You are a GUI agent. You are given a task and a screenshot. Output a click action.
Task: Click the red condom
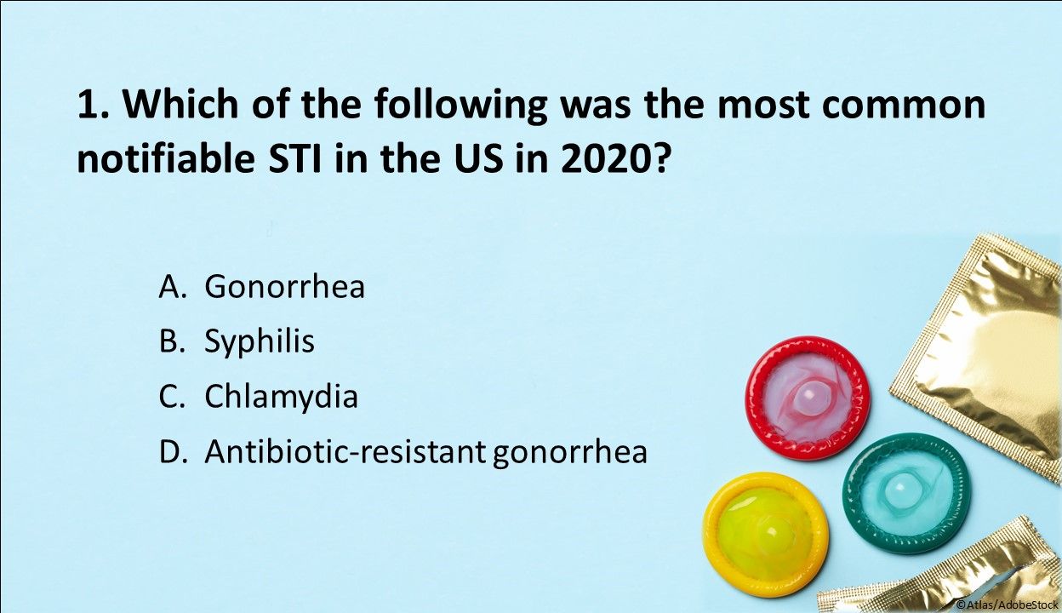pyautogui.click(x=807, y=398)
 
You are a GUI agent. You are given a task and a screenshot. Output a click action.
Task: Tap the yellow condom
pyautogui.click(x=765, y=534)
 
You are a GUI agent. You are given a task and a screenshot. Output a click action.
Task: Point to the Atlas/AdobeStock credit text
pyautogui.click(x=1008, y=604)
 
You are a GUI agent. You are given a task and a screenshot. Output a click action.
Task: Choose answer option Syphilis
pyautogui.click(x=260, y=341)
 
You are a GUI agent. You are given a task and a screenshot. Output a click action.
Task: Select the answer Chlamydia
pyautogui.click(x=281, y=397)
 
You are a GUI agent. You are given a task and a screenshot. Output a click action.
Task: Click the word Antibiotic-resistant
pyautogui.click(x=344, y=452)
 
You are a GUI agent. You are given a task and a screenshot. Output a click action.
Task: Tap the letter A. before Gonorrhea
pyautogui.click(x=172, y=287)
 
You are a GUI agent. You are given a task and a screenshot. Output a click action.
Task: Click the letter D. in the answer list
pyautogui.click(x=173, y=452)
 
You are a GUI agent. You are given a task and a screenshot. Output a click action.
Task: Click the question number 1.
pyautogui.click(x=90, y=106)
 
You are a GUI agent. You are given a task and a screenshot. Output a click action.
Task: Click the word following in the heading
pyautogui.click(x=451, y=106)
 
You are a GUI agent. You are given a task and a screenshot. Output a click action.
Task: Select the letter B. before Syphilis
pyautogui.click(x=172, y=341)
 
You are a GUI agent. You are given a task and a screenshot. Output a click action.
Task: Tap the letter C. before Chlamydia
pyautogui.click(x=172, y=397)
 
